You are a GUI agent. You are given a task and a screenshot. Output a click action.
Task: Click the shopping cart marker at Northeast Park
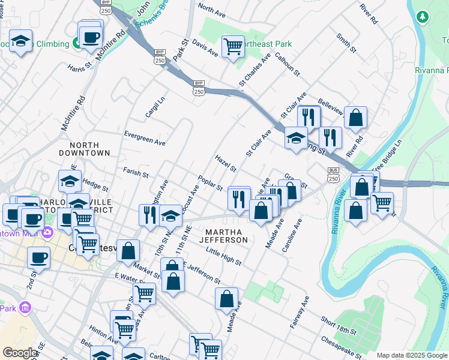[x=233, y=46]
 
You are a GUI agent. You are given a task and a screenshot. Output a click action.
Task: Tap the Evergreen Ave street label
[x=144, y=138]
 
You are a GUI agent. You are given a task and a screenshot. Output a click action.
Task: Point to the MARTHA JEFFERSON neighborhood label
[x=226, y=236]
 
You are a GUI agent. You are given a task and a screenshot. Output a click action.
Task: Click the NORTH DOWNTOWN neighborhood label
[x=89, y=149]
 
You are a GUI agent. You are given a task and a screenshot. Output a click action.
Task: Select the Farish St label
[x=136, y=173]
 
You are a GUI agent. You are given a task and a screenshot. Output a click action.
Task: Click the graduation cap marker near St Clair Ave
[x=296, y=139]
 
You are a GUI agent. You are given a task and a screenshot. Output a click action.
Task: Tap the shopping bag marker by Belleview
[x=355, y=118]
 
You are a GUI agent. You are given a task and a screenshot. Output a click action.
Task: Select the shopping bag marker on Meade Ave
[x=227, y=298]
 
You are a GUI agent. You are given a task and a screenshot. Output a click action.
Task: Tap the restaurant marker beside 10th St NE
[x=147, y=215]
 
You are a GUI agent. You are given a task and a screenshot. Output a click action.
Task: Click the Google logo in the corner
[x=20, y=352]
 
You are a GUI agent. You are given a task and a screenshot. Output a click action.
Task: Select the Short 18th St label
[x=339, y=326]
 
